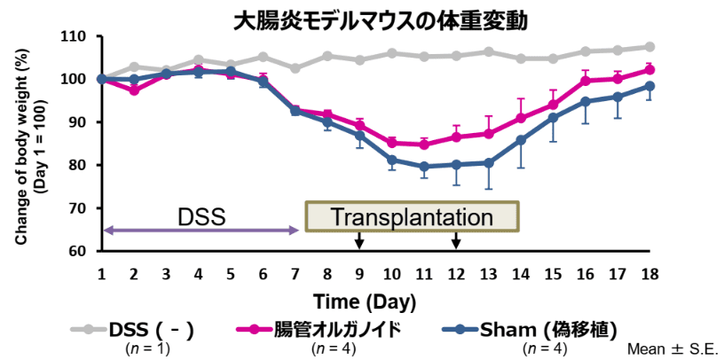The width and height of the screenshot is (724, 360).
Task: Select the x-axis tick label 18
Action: tap(649, 273)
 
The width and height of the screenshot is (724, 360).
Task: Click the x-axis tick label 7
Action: tap(295, 273)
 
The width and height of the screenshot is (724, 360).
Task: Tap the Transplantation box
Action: tap(412, 216)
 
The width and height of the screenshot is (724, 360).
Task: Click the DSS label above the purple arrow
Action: tap(202, 216)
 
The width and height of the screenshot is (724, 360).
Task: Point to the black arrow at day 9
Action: tap(359, 240)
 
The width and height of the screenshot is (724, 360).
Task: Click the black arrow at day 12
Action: tap(456, 240)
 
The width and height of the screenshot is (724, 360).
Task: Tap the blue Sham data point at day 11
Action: tap(424, 166)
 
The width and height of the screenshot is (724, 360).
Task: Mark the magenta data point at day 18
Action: tap(649, 69)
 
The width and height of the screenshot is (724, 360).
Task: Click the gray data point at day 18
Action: tap(649, 47)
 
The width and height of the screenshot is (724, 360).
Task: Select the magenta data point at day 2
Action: tap(134, 90)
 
